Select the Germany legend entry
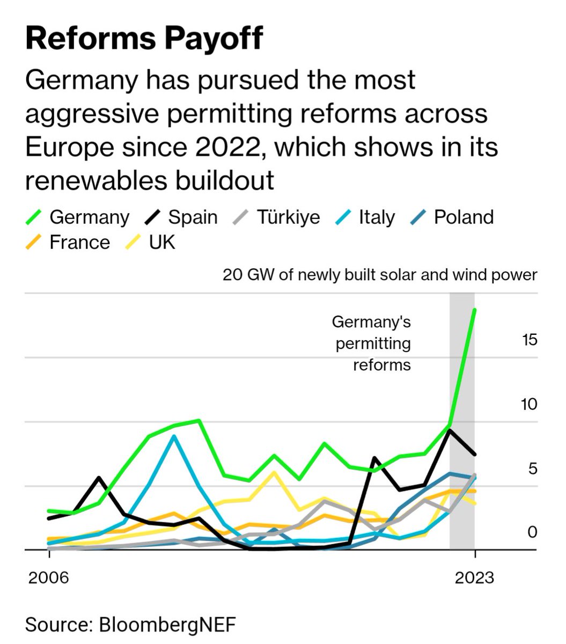tap(78, 217)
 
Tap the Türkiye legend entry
tap(277, 217)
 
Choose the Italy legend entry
tap(365, 217)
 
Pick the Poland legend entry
tap(453, 217)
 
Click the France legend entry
tap(68, 243)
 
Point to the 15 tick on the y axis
tap(528, 340)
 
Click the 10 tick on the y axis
tap(528, 404)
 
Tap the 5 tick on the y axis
tap(532, 469)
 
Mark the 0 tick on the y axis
tap(532, 532)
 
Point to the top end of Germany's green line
tap(474, 310)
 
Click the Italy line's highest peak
tap(173, 436)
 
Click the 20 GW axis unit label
tap(380, 275)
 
